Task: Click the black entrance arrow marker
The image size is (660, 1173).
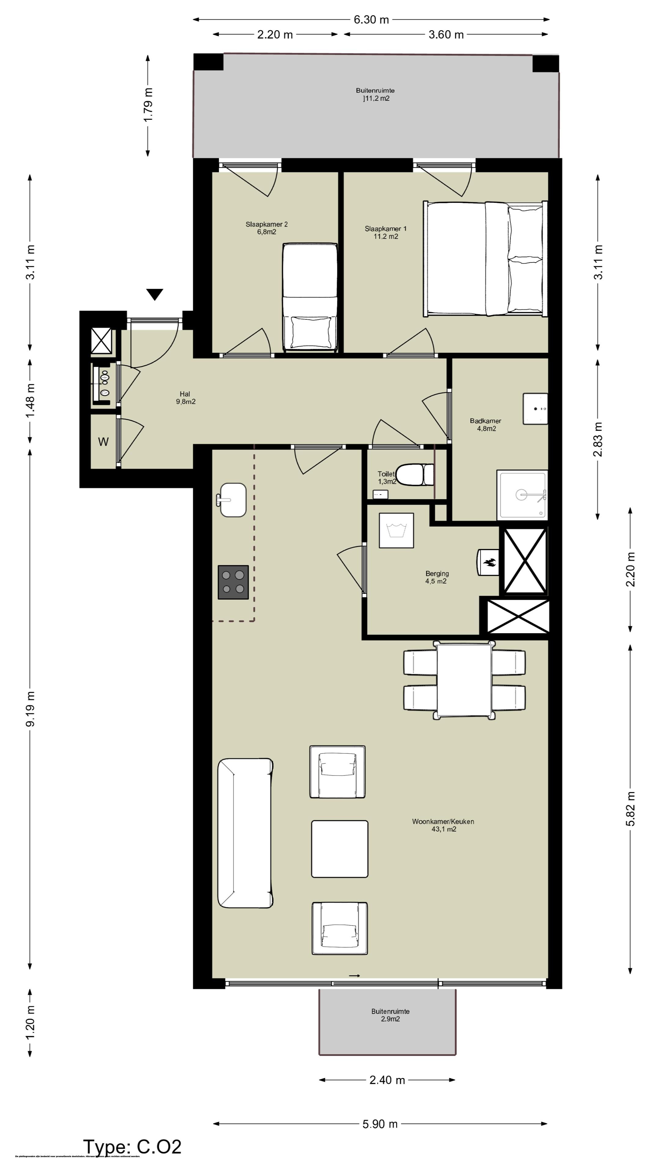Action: [x=155, y=294]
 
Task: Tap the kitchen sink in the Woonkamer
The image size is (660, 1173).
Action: [x=233, y=500]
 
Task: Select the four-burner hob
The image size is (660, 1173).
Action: [x=233, y=582]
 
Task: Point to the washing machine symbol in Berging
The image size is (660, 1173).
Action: [x=396, y=531]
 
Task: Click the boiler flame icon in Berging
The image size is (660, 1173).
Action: [x=489, y=562]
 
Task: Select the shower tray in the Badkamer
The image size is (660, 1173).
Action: [x=522, y=495]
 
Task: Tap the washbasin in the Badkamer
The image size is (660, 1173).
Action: [x=535, y=408]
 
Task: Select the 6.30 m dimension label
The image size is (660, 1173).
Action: [x=371, y=20]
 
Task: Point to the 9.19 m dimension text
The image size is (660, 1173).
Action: [x=30, y=709]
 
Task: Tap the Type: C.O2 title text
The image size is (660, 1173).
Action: [x=132, y=1147]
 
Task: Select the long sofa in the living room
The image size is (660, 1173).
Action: [x=245, y=833]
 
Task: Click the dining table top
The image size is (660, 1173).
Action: [x=464, y=680]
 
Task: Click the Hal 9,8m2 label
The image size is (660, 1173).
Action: [x=185, y=397]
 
